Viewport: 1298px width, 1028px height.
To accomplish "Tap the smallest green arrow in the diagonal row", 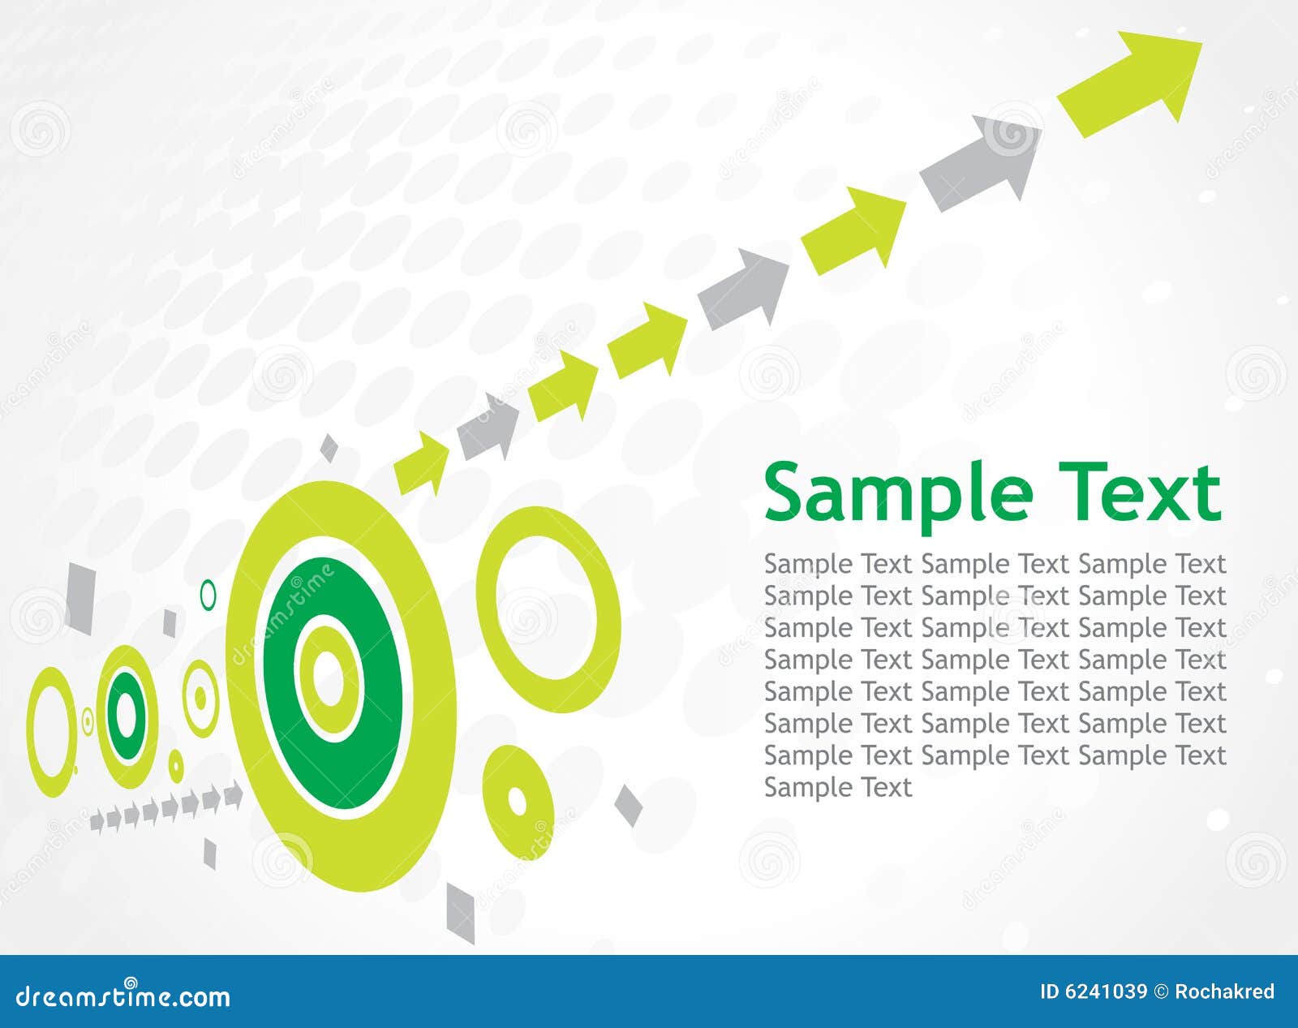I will tap(423, 464).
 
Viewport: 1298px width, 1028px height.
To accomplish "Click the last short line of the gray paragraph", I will tap(838, 787).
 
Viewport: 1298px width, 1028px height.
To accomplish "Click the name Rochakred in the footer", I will tap(1225, 991).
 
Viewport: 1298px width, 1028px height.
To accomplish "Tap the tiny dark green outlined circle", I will tap(208, 595).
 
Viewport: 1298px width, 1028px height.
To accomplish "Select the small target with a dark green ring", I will tap(127, 714).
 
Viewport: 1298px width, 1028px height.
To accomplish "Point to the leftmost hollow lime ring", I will tap(50, 730).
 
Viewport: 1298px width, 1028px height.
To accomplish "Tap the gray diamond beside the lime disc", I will tap(628, 805).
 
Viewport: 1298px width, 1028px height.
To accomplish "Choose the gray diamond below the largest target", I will tap(461, 913).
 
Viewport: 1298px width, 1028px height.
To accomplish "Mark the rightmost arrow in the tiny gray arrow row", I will tap(234, 795).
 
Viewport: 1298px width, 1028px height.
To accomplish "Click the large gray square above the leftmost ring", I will tap(81, 597).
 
